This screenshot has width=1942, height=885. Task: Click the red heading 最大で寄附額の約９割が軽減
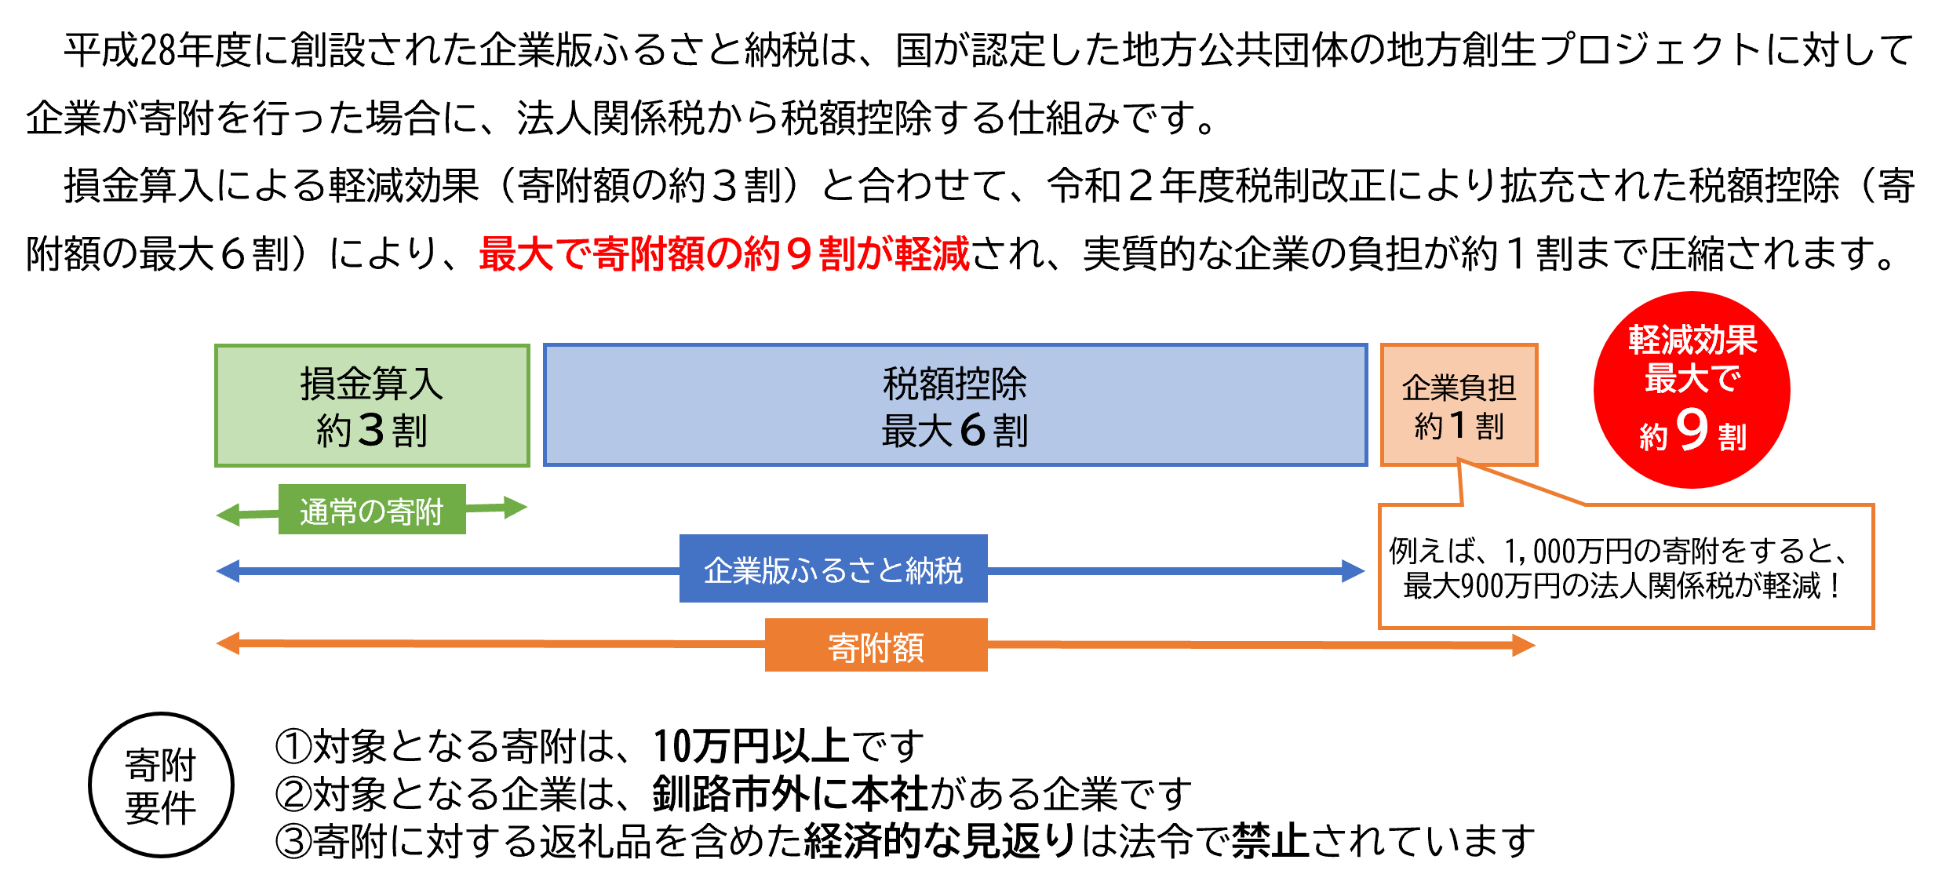click(723, 254)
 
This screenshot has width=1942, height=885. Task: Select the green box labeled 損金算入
click(372, 406)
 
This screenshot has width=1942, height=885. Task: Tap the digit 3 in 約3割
click(371, 430)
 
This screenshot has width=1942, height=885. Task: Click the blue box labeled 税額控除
click(955, 406)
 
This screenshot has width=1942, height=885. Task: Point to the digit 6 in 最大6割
click(972, 430)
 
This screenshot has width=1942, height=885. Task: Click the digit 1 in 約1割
click(1458, 426)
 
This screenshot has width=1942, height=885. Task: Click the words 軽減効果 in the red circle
click(1692, 340)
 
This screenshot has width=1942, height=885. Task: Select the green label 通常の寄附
click(372, 510)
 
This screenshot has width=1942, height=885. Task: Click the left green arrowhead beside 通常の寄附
click(228, 515)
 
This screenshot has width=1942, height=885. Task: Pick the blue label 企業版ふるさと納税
click(833, 570)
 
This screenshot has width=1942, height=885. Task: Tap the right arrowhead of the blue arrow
click(1354, 571)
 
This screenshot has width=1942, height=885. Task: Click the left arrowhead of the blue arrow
click(228, 571)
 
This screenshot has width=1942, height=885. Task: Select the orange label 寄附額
click(876, 646)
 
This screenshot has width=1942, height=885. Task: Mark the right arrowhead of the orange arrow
click(1524, 646)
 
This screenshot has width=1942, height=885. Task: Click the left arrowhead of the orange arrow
click(228, 644)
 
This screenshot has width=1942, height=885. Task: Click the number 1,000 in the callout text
click(1539, 552)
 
